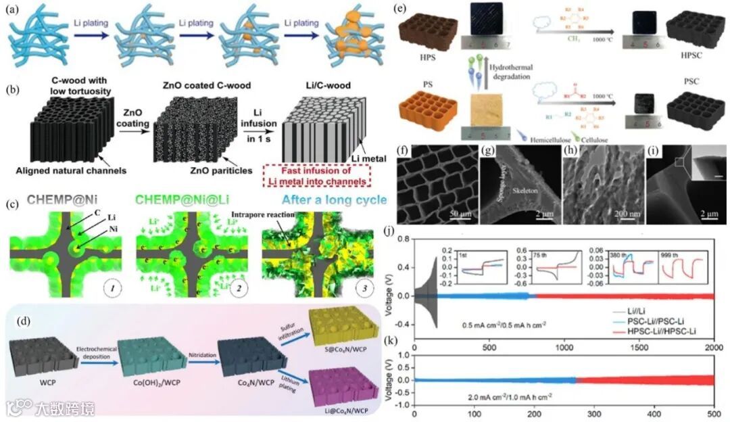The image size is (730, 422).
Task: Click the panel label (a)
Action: (12, 9)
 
